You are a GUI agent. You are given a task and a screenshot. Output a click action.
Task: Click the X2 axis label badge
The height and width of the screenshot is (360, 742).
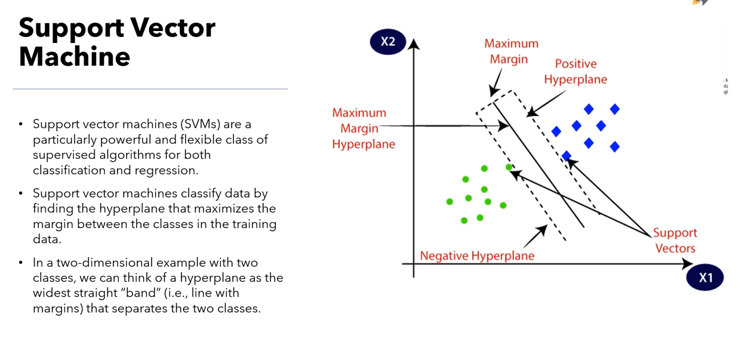click(387, 41)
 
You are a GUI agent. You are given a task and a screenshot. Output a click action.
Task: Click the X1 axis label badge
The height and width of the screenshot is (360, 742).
click(705, 278)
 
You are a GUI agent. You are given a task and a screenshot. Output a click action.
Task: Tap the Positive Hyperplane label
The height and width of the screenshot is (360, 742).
click(575, 72)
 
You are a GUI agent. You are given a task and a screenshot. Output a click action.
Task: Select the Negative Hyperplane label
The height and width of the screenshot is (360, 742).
click(477, 256)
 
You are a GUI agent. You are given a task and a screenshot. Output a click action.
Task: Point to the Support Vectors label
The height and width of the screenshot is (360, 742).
click(675, 241)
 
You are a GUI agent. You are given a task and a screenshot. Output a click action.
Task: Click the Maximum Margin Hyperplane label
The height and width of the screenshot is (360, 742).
click(359, 128)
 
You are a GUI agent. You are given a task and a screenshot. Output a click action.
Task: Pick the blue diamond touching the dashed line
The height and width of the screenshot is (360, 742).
click(566, 156)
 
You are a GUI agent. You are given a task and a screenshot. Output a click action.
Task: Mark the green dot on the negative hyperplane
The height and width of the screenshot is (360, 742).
click(509, 168)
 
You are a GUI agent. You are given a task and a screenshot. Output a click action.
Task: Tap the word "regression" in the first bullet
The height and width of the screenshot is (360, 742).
click(167, 170)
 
